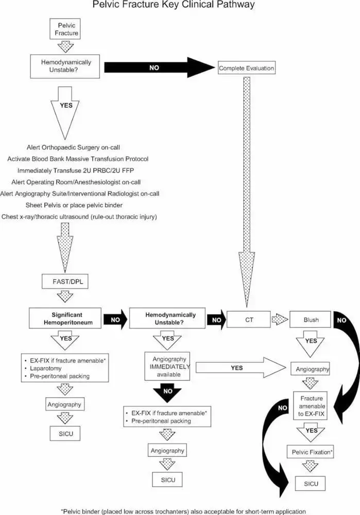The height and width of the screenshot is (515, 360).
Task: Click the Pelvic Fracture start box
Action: (65, 29)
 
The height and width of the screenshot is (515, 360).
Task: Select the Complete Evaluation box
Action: (247, 67)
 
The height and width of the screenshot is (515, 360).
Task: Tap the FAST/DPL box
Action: (65, 282)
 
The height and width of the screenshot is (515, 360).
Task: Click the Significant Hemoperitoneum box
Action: (65, 318)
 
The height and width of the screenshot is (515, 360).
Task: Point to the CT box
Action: (249, 319)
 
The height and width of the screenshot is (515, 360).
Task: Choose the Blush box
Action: (310, 319)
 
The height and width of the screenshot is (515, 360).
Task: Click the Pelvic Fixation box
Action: (310, 452)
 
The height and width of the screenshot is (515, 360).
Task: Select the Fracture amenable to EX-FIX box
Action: (310, 406)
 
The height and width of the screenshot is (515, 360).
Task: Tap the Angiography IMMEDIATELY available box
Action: (167, 367)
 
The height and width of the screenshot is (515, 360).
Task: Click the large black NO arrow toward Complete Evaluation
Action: (159, 67)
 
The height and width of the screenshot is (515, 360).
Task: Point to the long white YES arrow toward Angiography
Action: (241, 368)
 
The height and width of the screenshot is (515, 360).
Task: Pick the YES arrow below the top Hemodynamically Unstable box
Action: (65, 113)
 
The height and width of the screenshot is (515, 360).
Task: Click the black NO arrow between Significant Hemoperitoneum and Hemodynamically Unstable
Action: (115, 319)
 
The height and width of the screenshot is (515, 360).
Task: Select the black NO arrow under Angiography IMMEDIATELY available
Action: (167, 393)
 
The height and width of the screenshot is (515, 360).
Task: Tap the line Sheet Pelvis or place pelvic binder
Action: (74, 205)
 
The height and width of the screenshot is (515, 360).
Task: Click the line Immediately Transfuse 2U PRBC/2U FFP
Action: (76, 170)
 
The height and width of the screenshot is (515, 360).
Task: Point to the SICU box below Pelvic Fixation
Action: (311, 484)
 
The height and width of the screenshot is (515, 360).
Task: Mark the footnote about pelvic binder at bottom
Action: (184, 511)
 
